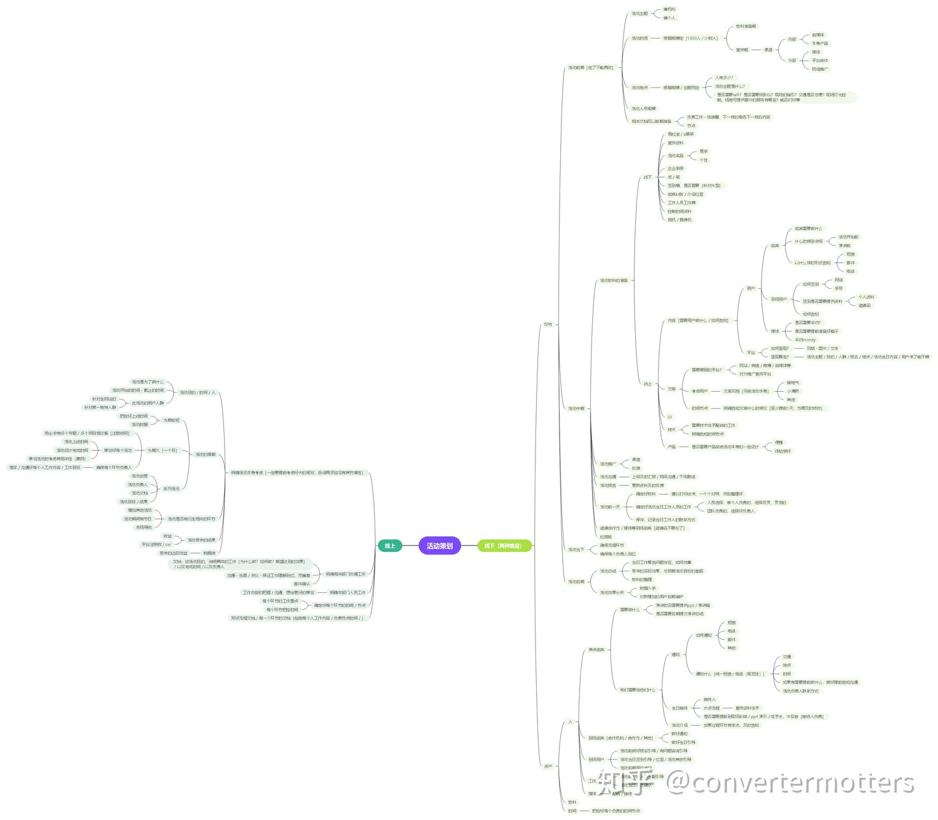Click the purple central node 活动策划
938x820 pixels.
point(440,545)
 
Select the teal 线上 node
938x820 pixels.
point(390,545)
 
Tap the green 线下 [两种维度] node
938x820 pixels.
point(504,545)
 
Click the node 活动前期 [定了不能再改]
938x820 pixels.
point(590,68)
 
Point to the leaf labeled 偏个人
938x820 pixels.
point(669,18)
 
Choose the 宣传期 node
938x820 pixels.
point(742,49)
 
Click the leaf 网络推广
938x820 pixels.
point(820,69)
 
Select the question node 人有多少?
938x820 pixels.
point(724,77)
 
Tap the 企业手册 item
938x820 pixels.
point(675,169)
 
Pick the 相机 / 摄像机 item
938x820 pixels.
point(679,220)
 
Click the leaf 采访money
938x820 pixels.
point(804,340)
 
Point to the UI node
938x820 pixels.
point(669,417)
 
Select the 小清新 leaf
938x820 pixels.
point(792,391)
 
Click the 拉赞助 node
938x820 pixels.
point(606,537)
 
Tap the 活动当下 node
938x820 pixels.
point(576,549)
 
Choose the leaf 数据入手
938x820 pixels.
point(647,588)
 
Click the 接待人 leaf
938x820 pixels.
point(709,700)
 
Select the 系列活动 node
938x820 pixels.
point(171,489)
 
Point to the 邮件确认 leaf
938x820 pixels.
point(301,584)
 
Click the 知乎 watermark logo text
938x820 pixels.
point(623,783)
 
